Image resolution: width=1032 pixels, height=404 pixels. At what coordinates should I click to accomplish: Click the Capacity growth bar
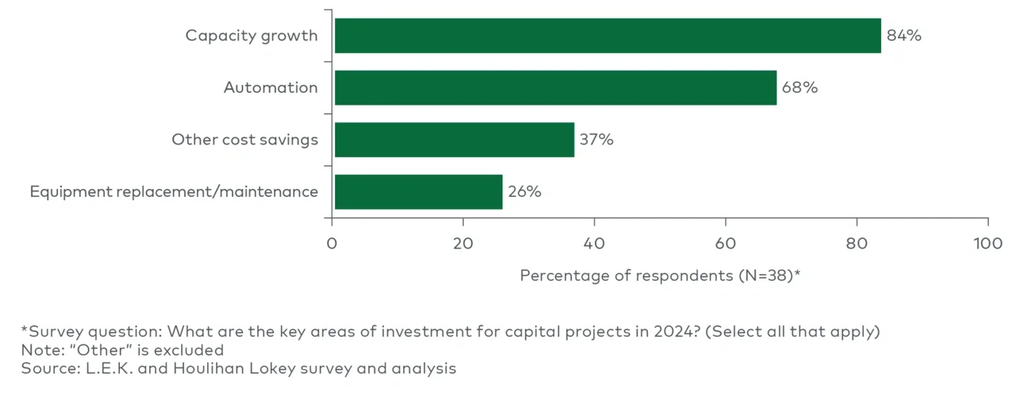pos(607,36)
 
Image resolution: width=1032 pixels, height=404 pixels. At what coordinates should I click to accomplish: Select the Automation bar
pos(555,87)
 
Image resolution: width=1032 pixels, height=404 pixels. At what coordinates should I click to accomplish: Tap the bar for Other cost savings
pos(454,140)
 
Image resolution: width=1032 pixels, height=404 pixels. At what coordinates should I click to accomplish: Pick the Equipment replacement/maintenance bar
pos(418,192)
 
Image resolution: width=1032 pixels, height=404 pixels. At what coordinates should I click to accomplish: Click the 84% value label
pos(903,36)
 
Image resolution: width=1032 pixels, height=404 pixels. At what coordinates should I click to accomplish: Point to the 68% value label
pos(799,87)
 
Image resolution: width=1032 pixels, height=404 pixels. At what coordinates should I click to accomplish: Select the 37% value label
pos(596,140)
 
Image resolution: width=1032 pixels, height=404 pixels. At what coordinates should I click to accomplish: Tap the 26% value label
pos(524,192)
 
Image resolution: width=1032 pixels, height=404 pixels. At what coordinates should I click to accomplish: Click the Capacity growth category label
pos(251,36)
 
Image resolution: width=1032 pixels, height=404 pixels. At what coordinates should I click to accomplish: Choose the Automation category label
pos(270,87)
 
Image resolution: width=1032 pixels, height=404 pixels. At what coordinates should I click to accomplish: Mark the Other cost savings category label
pos(245,140)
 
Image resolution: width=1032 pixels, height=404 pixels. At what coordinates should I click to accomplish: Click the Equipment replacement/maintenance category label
pos(174,192)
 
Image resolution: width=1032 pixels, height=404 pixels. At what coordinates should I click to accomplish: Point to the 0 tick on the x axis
pos(333,243)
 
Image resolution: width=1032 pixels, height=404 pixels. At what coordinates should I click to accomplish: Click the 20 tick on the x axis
pos(463,243)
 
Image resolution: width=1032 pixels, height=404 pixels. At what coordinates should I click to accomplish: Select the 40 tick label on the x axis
pos(595,243)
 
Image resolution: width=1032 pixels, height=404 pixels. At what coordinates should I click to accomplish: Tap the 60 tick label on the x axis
pos(726,243)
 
